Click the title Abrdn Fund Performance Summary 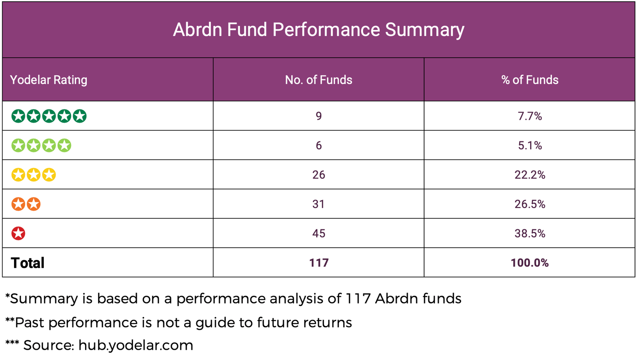pos(319,30)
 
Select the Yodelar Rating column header pos(49,80)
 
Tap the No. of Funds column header pos(319,80)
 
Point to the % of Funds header pos(530,80)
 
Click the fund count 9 pos(319,116)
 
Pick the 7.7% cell pos(530,116)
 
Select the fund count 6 pos(319,145)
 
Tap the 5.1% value pos(530,145)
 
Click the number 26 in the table pos(319,175)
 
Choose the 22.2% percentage pos(530,175)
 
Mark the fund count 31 pos(319,204)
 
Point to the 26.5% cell pos(530,204)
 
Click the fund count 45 pos(319,233)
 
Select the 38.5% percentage pos(530,233)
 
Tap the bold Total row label pos(28,263)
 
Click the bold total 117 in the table pos(319,263)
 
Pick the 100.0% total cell pos(530,263)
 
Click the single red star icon pos(18,233)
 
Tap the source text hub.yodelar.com pos(136,346)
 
